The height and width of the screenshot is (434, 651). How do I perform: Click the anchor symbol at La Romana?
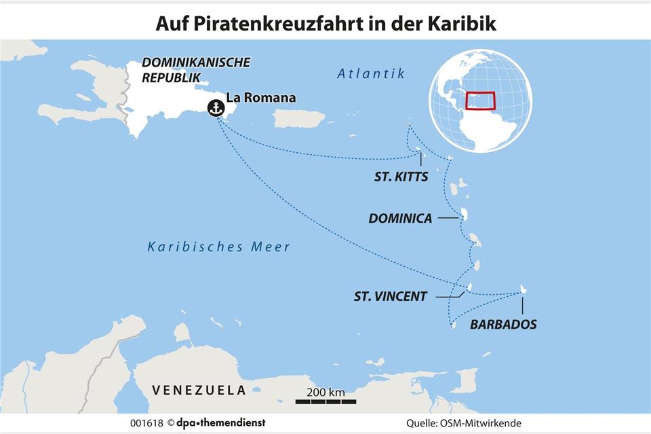(216, 108)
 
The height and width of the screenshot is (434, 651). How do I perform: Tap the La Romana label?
(260, 97)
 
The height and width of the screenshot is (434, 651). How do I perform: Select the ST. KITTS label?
(401, 177)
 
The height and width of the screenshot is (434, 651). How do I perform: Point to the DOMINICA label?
(400, 218)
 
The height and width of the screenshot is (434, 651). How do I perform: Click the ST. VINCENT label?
(391, 296)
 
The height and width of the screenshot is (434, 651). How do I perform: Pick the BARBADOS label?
(503, 324)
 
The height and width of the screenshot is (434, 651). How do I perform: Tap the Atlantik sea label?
(371, 73)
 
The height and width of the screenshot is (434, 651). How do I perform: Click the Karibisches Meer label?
(218, 247)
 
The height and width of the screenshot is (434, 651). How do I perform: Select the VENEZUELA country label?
(199, 390)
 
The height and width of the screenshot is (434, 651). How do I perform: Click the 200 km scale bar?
(325, 401)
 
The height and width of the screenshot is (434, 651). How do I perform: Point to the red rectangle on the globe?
(479, 100)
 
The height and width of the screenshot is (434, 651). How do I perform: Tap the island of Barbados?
(524, 289)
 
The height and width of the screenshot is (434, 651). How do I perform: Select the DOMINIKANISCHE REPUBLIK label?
(195, 69)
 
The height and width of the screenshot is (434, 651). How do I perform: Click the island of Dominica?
(466, 214)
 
